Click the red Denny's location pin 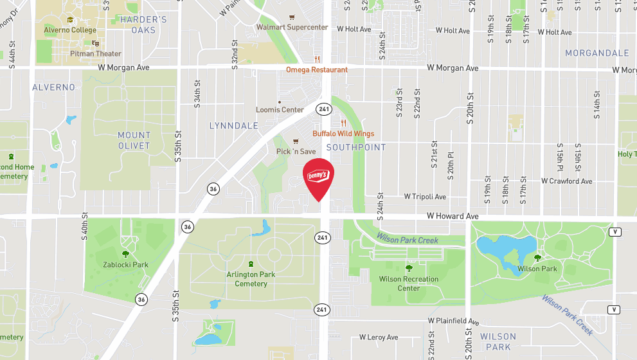click(319, 177)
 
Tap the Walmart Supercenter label click(292, 28)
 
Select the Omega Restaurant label click(317, 69)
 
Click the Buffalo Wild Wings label click(343, 134)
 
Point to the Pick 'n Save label click(296, 151)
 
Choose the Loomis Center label click(280, 110)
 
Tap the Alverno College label click(70, 30)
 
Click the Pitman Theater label click(96, 54)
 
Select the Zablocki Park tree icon click(125, 254)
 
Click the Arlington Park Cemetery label click(251, 279)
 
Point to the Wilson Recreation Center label click(409, 283)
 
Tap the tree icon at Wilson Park click(537, 258)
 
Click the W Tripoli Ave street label click(425, 197)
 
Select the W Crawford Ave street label click(566, 181)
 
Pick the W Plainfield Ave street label click(454, 321)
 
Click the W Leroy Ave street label click(379, 337)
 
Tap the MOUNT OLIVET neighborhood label click(134, 140)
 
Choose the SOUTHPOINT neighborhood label click(356, 147)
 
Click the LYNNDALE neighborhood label click(233, 126)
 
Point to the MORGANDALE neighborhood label click(597, 53)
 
